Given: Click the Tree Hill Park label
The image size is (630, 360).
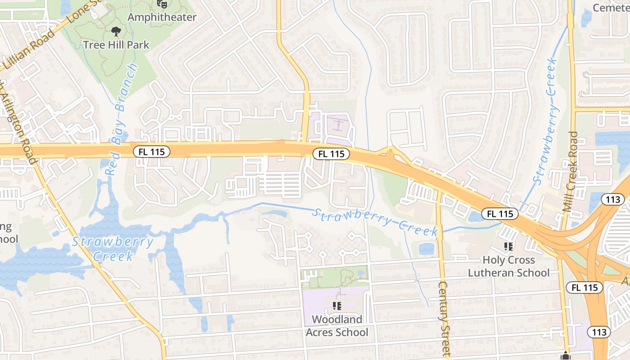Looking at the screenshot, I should pos(116,45).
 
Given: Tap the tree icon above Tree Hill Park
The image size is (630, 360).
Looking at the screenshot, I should pos(116,31).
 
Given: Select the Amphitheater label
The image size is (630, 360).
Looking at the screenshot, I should pos(162,17).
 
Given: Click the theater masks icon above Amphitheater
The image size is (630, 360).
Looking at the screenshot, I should pos(162,4).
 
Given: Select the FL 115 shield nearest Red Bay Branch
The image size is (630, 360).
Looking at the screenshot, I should pos(151,152).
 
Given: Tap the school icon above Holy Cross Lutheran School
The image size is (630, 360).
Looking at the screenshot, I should pos(508,246).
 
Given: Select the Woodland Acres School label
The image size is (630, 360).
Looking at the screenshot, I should pos(337,326).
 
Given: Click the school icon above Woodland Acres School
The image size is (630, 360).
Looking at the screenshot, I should pos(337,306).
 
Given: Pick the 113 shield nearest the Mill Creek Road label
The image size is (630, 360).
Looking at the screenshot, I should pos(613,199).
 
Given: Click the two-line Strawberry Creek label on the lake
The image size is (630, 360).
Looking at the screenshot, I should pos(113,249).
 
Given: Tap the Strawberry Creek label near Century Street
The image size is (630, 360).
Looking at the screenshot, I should pos(374,221).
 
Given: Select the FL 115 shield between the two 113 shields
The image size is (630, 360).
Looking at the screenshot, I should pos(584,288).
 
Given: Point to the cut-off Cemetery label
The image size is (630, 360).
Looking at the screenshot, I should pos(611,8).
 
